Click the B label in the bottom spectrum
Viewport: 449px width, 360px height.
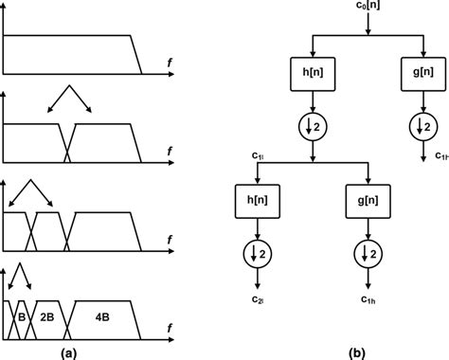(20, 315)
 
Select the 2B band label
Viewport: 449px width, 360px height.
(47, 315)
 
